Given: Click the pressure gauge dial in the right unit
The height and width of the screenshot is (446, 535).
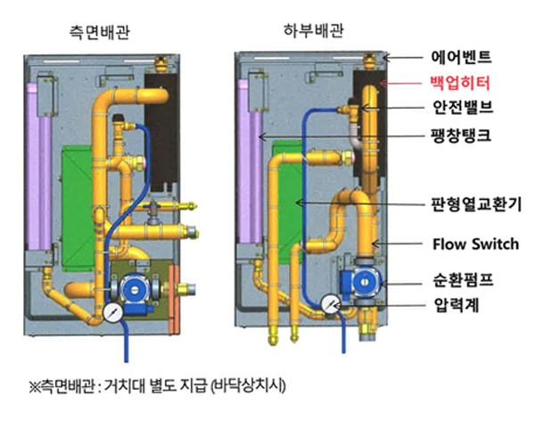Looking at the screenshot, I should (x=330, y=304).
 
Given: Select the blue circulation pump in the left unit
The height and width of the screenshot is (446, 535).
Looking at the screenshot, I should (x=136, y=291).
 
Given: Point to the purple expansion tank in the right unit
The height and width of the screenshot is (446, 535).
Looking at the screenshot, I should (x=250, y=152).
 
